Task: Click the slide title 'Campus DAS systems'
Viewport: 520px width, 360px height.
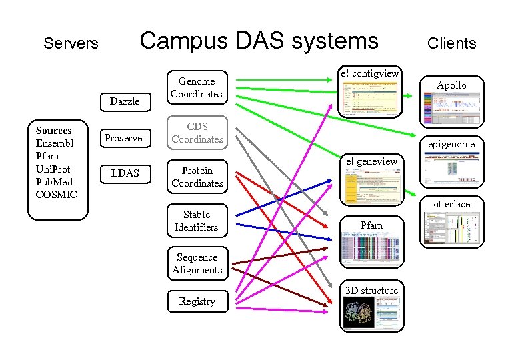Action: [x=259, y=41]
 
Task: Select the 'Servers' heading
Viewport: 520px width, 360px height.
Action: [x=71, y=44]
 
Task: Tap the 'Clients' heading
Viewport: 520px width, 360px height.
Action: [x=451, y=44]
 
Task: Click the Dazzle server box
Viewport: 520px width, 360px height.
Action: [x=125, y=101]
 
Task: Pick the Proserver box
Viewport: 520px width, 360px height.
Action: [x=125, y=137]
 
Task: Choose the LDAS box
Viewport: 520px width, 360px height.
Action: [x=125, y=173]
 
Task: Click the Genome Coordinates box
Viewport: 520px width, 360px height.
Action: [x=196, y=88]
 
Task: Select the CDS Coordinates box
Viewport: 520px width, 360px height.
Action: [x=196, y=133]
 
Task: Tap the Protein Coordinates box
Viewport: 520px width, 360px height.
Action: [x=197, y=177]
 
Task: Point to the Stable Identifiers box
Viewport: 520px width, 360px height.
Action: [x=196, y=221]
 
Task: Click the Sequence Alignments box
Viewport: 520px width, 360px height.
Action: [x=197, y=263]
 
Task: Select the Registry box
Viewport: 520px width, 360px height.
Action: [x=197, y=301]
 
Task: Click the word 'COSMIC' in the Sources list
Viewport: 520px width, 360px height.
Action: [x=57, y=195]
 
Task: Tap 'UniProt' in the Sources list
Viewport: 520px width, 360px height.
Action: [x=53, y=169]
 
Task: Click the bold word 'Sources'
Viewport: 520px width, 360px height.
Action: [x=53, y=131]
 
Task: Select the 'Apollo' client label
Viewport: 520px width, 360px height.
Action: [x=451, y=85]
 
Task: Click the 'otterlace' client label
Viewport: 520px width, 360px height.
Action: [x=451, y=204]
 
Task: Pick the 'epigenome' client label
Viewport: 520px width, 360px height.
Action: [x=451, y=144]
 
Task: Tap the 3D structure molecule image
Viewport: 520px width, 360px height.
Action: [x=358, y=313]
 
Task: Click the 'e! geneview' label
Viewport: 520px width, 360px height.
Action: [x=371, y=161]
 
